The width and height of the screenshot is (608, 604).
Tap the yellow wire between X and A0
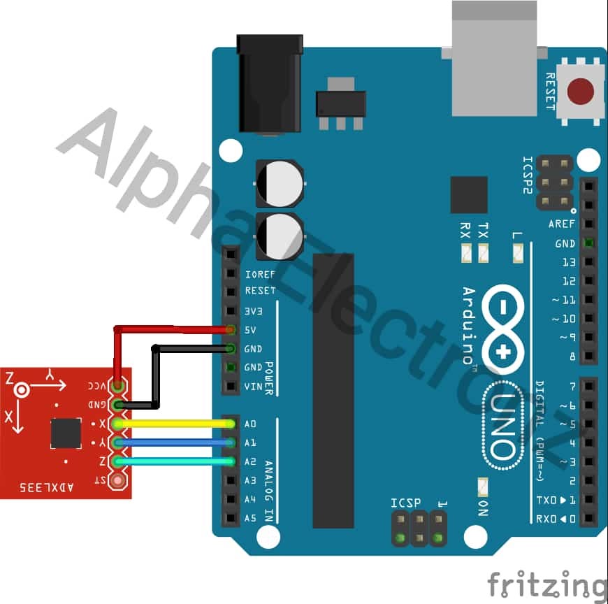tap(175, 424)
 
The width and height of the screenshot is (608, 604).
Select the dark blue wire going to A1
tap(175, 443)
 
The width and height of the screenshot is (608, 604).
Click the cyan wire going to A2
tap(175, 461)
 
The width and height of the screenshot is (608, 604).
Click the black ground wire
tap(189, 347)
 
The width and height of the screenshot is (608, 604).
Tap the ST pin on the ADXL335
tap(118, 480)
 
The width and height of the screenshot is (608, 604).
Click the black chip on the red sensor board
tap(66, 433)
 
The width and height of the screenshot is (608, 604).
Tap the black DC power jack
tap(270, 84)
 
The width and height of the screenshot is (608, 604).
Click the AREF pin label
tap(562, 224)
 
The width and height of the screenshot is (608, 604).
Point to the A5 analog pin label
tap(250, 518)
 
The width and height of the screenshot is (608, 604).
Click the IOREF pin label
tap(260, 275)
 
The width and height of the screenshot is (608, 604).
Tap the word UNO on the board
tap(502, 426)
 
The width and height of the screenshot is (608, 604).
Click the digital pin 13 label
tap(568, 262)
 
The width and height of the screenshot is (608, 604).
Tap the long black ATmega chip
tap(333, 391)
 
